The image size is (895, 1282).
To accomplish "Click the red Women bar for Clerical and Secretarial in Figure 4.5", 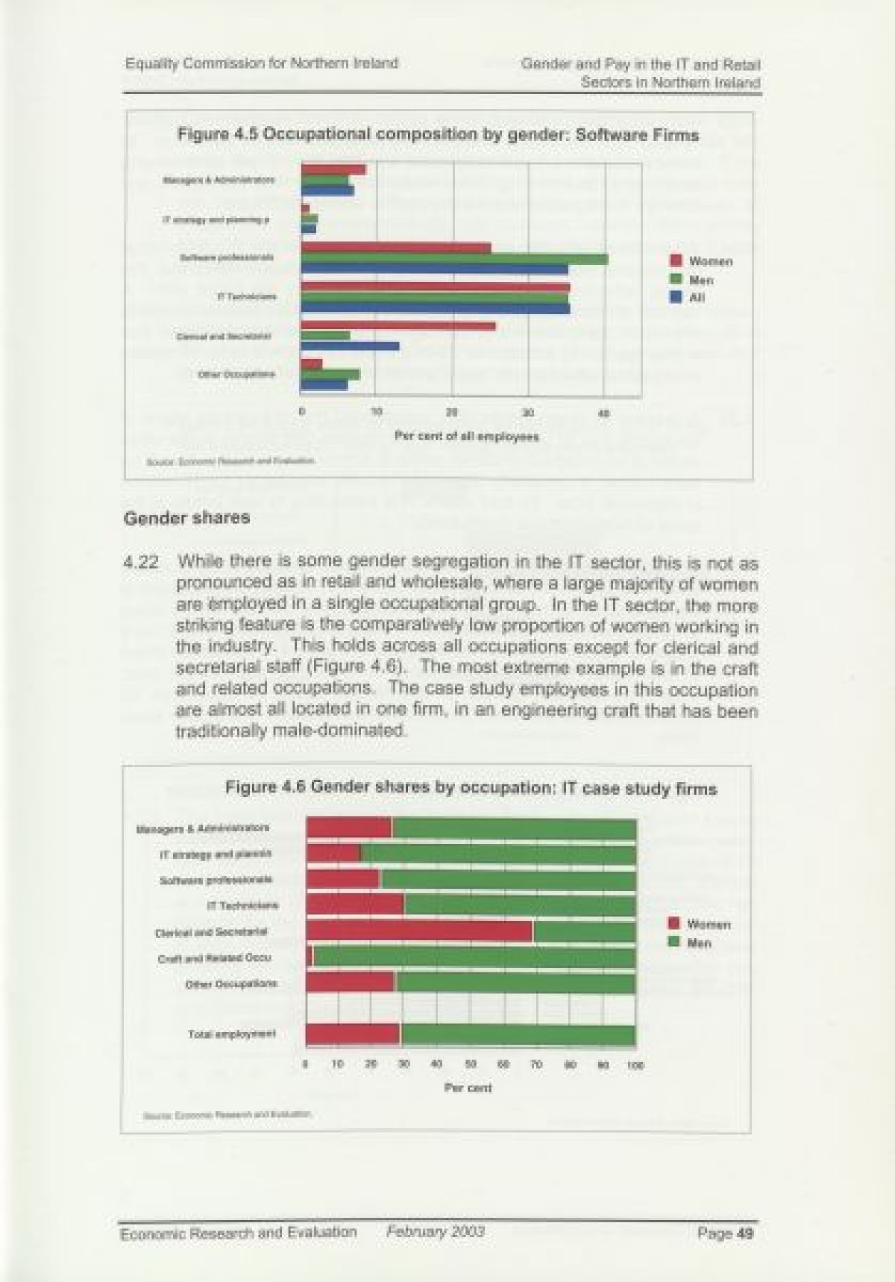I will coord(398,325).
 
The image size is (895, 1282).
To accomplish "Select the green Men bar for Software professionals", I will coord(454,259).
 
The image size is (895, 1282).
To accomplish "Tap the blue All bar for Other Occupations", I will coord(324,385).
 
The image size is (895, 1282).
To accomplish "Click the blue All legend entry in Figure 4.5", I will coord(688,297).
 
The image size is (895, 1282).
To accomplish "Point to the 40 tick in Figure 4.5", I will coord(603,412).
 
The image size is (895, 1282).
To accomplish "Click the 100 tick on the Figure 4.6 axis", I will coord(635,1066).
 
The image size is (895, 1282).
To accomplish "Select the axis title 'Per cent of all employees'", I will coord(466,437).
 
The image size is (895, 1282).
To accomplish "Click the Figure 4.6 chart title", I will coord(471,788).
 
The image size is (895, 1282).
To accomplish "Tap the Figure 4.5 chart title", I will coord(438,135).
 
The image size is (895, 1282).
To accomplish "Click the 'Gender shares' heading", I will coord(186,518).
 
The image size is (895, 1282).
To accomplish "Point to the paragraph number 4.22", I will coord(141,563).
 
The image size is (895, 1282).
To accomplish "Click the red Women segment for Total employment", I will coord(353,1034).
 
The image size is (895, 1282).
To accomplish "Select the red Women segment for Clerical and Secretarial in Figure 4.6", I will coord(419,931).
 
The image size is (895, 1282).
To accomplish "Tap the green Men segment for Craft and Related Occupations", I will coord(474,957).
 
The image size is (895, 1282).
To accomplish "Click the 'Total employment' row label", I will coord(232,1034).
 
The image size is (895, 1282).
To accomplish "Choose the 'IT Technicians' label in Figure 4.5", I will coord(247,297).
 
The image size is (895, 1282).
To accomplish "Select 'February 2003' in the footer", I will coord(435,1231).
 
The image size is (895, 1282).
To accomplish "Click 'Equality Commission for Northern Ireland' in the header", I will coord(261,63).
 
